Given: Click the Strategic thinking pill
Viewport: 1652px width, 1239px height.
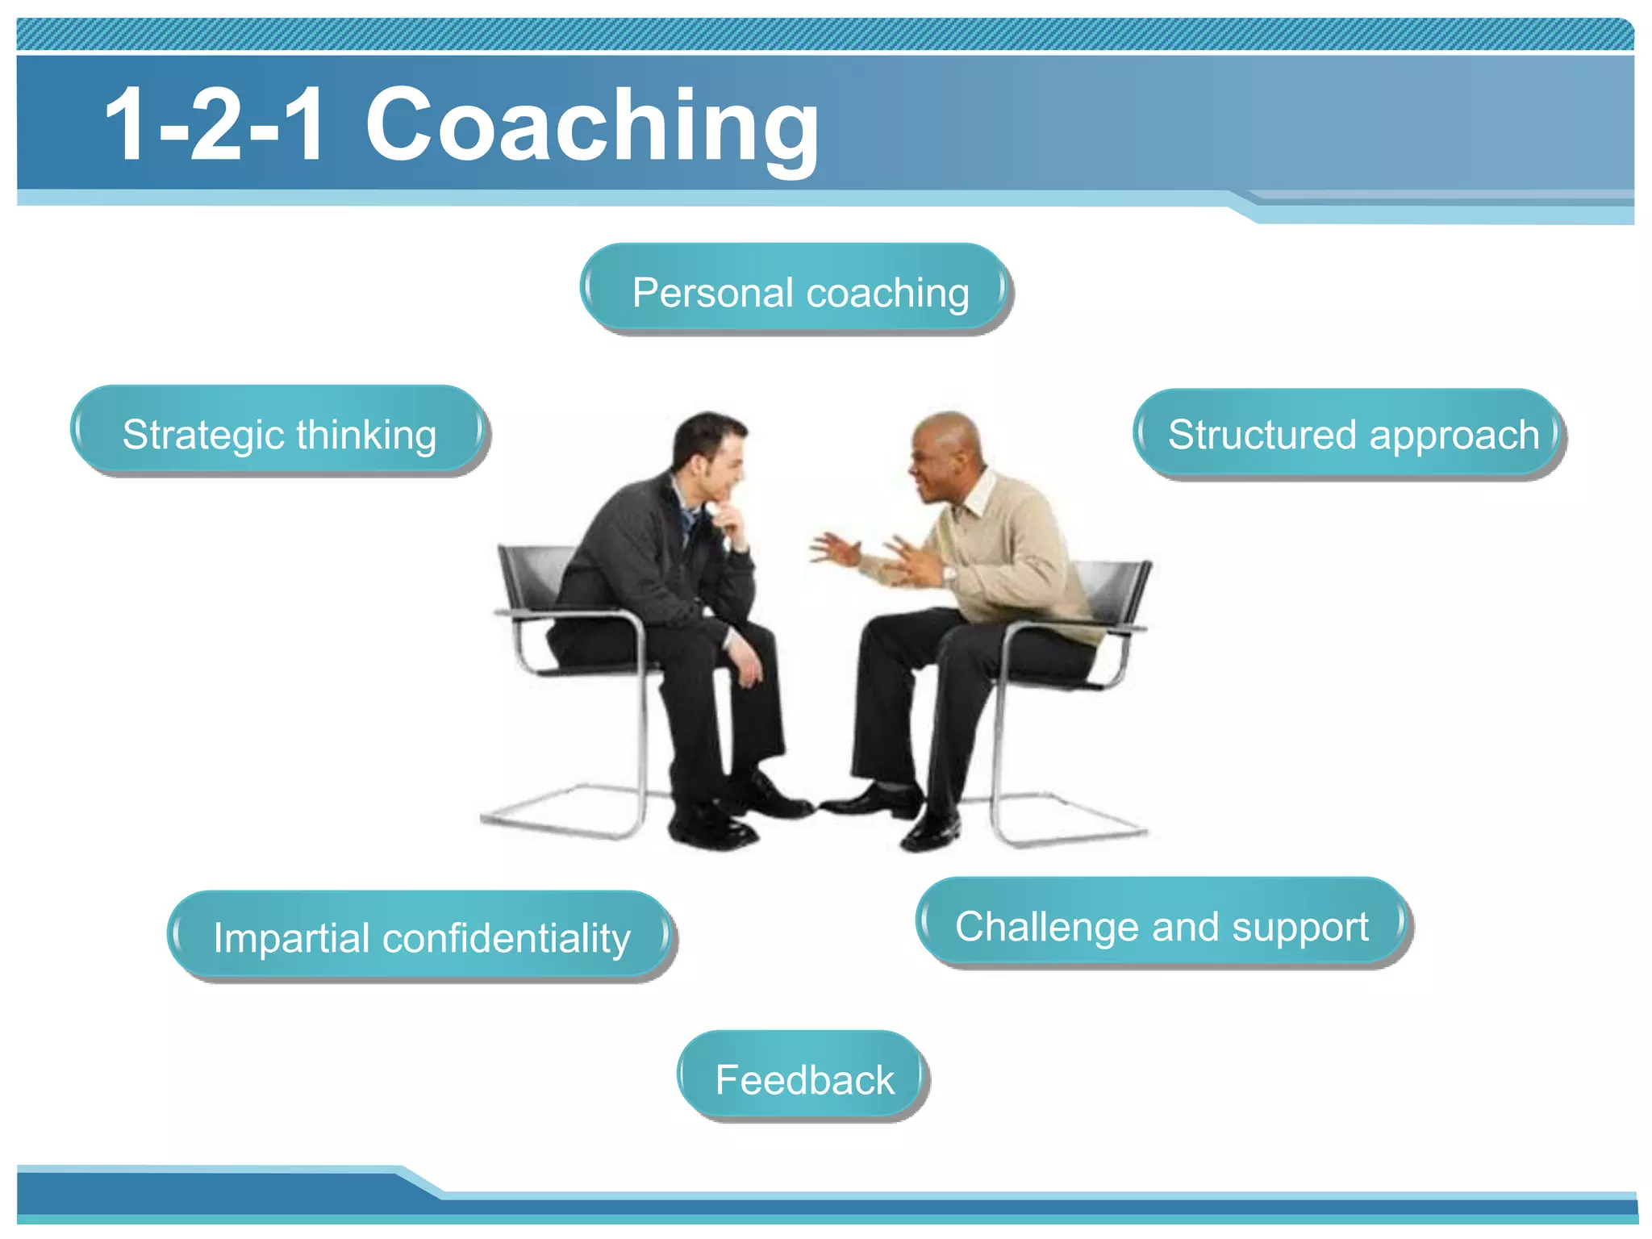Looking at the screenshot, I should click(278, 433).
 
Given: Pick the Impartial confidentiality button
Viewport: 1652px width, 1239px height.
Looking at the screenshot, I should click(420, 937).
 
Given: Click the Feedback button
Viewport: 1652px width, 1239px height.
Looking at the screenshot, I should click(803, 1078).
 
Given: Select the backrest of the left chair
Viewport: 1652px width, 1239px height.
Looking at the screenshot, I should click(532, 577).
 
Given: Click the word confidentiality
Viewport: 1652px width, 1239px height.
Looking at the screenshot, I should click(506, 937).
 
